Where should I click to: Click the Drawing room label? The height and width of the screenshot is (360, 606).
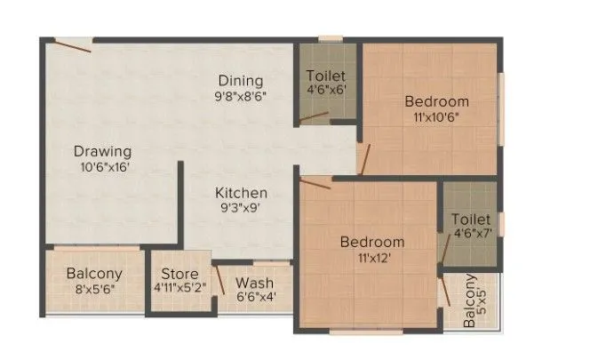point(103,151)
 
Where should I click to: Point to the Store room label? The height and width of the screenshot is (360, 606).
point(179,272)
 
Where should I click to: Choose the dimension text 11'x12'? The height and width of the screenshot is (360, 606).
point(372,258)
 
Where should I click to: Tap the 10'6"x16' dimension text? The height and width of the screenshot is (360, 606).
point(103,167)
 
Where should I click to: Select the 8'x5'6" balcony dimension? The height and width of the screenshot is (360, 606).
point(93,290)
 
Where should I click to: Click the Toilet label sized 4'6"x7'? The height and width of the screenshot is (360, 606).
point(471,220)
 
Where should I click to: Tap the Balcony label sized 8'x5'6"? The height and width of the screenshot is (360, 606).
point(93,274)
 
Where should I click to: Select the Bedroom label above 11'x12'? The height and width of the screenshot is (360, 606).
point(373,242)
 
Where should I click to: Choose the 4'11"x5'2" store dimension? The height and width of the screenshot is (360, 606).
point(179,288)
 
